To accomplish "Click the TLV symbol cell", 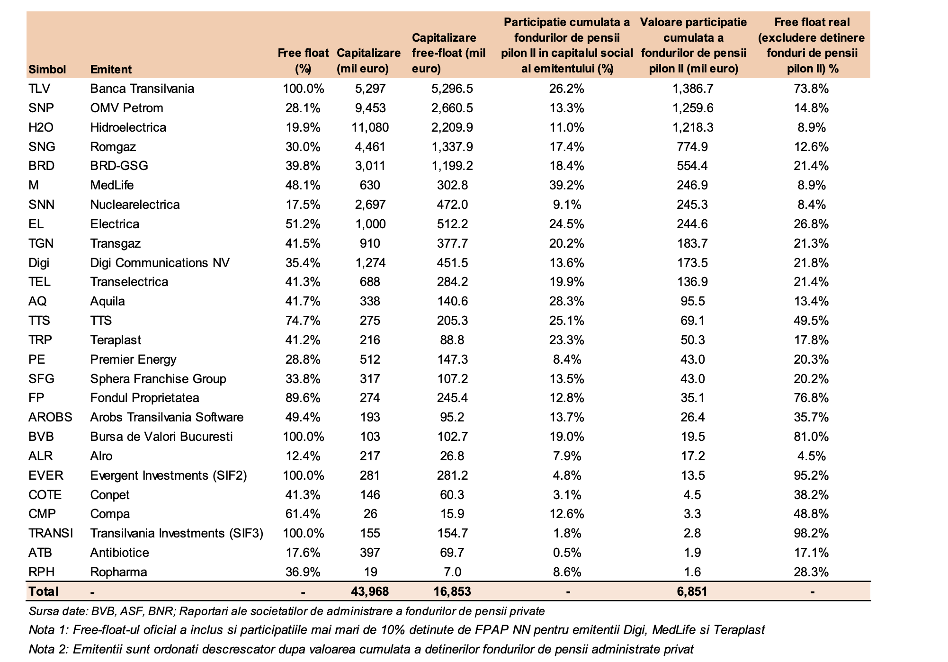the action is tap(39, 89).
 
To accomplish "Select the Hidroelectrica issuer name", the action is tap(128, 127).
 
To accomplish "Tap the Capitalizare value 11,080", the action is tap(370, 127).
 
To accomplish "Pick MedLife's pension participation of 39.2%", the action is tap(567, 185).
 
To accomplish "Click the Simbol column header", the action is tap(47, 69).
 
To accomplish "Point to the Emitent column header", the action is tap(111, 69).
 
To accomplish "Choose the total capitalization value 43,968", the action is tap(370, 591).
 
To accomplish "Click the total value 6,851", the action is tap(693, 591).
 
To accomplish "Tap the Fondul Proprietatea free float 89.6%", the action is tap(303, 398).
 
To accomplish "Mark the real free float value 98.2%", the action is tap(812, 533).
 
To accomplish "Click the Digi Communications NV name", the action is tap(160, 263).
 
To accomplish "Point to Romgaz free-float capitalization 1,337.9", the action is tap(452, 147).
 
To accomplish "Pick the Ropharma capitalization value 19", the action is tap(370, 572).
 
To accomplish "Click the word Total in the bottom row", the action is tap(44, 591).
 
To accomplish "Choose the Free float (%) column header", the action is tap(303, 61).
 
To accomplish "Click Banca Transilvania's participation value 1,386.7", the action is tap(693, 89).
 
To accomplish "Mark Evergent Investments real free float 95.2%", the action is tap(812, 475).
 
